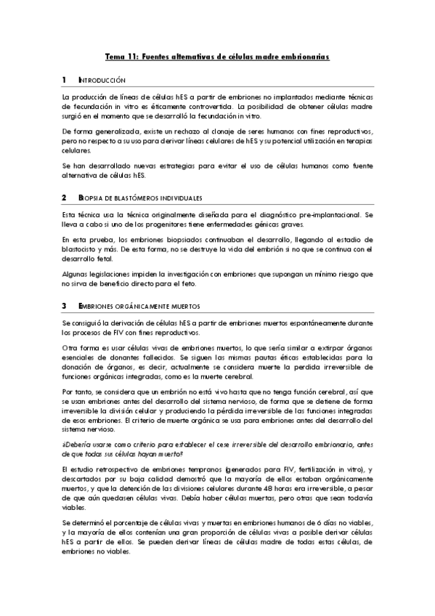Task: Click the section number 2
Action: point(64,198)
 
